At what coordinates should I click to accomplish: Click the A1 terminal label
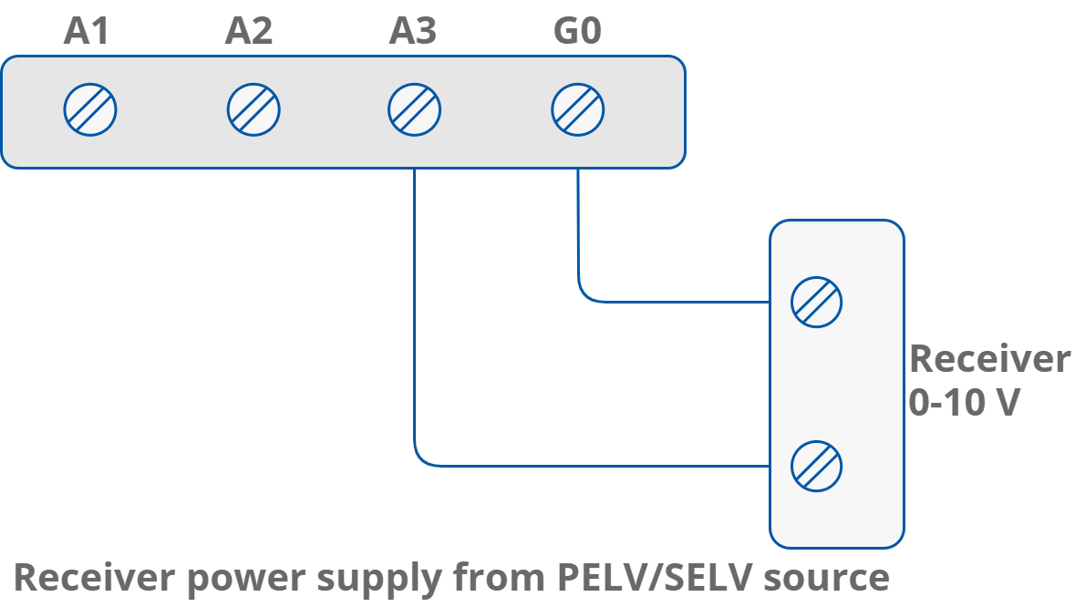87,33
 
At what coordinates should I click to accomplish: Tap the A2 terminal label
249,33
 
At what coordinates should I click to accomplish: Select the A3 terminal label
413,33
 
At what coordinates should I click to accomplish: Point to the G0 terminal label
577,33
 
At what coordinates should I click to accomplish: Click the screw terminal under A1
90,110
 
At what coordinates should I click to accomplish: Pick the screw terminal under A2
253,110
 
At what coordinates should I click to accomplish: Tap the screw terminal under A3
415,110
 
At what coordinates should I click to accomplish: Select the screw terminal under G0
578,110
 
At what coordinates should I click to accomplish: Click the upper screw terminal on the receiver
816,303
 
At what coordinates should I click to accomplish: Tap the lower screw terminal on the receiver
816,467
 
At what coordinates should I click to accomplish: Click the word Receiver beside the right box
989,359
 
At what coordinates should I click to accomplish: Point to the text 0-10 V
963,402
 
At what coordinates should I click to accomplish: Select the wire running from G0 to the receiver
675,302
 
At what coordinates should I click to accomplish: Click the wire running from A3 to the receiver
593,466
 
